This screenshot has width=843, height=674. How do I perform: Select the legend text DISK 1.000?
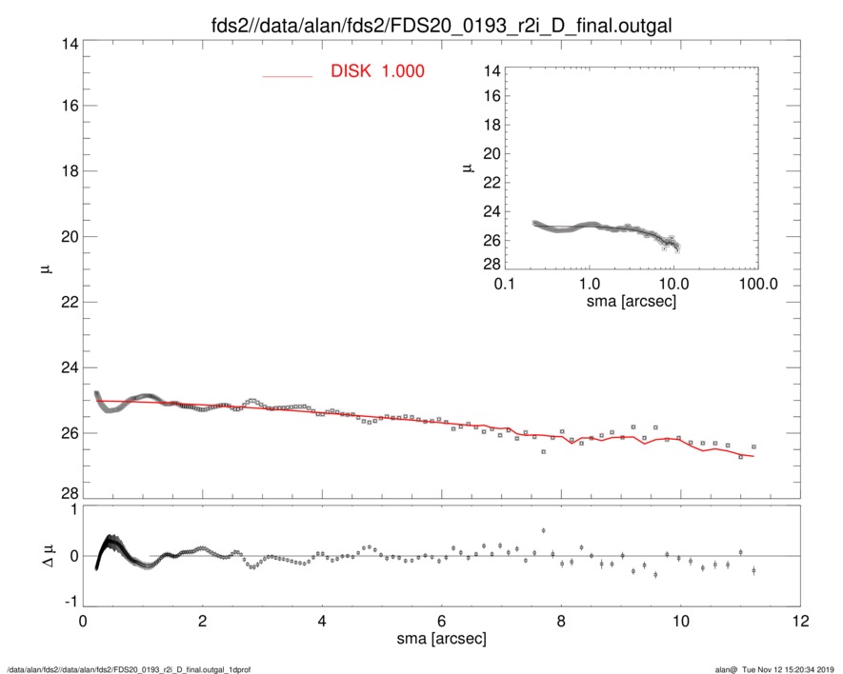pyautogui.click(x=377, y=72)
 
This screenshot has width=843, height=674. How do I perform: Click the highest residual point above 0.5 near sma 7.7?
pyautogui.click(x=543, y=530)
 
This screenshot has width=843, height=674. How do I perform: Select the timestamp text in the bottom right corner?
pyautogui.click(x=781, y=668)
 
